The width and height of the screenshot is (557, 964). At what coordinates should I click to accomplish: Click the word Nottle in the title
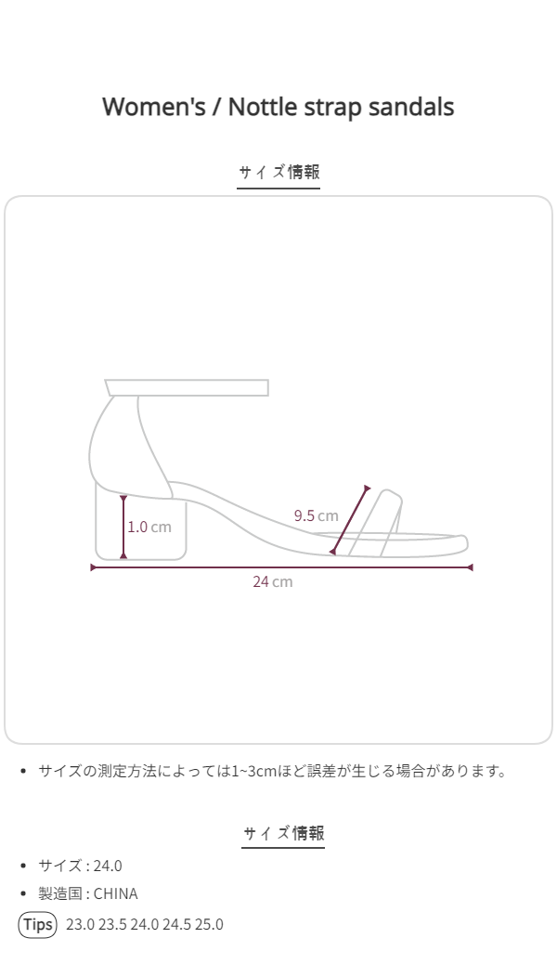(263, 107)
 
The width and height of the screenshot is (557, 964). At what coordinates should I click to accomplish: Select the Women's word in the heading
(154, 107)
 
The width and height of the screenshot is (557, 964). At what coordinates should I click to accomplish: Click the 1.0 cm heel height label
(149, 527)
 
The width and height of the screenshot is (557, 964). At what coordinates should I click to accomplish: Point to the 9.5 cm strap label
(316, 515)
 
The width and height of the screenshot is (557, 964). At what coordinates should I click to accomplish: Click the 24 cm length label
(272, 581)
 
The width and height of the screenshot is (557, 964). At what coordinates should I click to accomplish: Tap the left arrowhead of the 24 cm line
(94, 567)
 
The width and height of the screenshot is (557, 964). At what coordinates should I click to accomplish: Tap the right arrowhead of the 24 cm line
(470, 567)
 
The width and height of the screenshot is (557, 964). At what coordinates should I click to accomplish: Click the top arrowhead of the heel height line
(123, 499)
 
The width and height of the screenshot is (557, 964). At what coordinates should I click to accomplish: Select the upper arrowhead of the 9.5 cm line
(367, 489)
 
